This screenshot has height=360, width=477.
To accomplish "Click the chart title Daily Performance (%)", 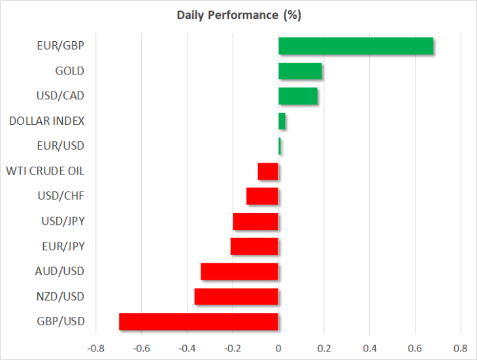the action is tap(238, 15).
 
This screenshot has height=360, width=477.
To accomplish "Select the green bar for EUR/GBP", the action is tap(356, 46).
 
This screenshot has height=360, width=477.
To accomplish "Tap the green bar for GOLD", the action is tap(301, 71).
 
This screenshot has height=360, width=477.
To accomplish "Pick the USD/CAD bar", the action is tap(298, 96).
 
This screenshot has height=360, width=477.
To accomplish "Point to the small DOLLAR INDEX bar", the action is tap(282, 121).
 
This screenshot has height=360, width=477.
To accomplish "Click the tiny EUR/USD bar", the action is tap(280, 146).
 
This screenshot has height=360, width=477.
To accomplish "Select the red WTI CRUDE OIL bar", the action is tap(268, 171).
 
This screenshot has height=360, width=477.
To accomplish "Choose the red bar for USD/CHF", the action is tap(262, 196).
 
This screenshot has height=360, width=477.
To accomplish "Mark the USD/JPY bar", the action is tap(255, 221).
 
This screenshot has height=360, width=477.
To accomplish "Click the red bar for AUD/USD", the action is tap(239, 272).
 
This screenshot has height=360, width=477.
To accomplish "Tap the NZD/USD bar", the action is tap(237, 297).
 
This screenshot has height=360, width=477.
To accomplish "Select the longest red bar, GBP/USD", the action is tap(199, 321).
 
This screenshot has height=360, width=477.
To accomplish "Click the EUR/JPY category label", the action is tap(63, 246).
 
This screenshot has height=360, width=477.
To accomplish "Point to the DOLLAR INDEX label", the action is tap(47, 121).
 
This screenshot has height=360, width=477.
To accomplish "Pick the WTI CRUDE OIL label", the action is tap(45, 171).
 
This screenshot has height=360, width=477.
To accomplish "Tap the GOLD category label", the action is tap(70, 71).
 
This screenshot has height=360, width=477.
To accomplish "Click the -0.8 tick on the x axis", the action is tap(96, 348).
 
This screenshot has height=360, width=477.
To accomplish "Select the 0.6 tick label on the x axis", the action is tap(415, 348).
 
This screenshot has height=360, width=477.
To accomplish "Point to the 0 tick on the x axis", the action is tap(278, 348).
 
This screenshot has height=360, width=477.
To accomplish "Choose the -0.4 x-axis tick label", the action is tap(187, 348).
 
